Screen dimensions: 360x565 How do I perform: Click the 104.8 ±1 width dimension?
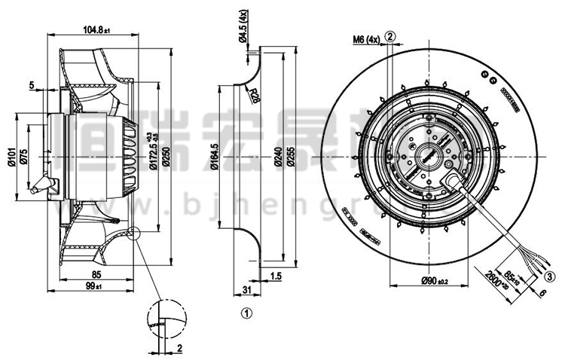(96, 30)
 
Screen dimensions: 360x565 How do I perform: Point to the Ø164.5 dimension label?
(215, 156)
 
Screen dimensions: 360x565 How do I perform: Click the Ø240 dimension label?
(276, 156)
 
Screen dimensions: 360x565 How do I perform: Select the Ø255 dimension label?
(288, 156)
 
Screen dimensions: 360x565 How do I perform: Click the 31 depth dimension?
(246, 289)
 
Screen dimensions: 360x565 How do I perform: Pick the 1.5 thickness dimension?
(275, 277)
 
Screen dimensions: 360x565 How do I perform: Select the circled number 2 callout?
(389, 36)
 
